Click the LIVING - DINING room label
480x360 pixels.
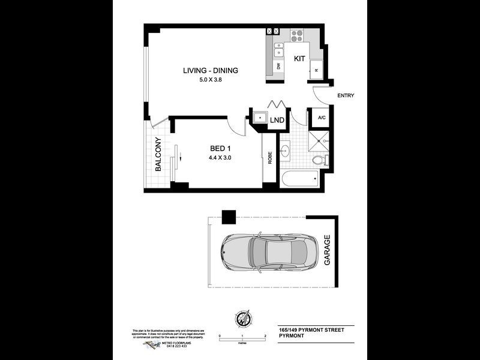211,71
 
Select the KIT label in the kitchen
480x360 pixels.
299,59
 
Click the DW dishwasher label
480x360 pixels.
279,66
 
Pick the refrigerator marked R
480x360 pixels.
316,70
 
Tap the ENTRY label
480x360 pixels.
346,95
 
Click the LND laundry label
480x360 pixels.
277,121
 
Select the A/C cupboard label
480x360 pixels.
321,118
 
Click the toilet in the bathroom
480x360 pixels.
320,160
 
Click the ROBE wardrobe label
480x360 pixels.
270,157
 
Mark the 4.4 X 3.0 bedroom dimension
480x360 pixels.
220,158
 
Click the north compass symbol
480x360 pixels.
242,320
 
